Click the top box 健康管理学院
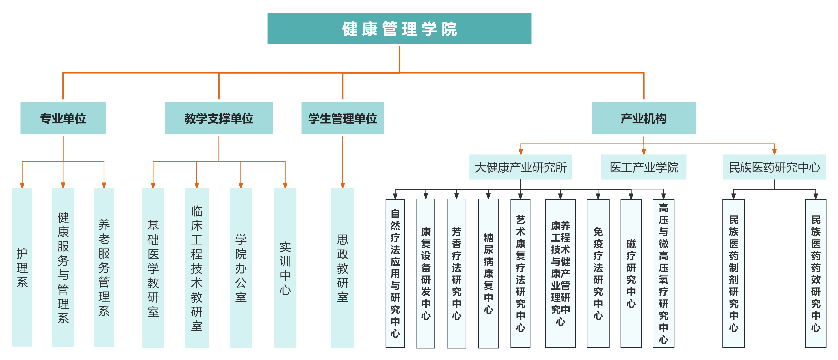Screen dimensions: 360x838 [399, 29]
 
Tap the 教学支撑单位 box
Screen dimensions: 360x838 [219, 118]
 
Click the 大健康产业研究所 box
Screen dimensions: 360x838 [521, 167]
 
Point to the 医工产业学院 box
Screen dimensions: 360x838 [644, 167]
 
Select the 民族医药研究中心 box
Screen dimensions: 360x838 [774, 167]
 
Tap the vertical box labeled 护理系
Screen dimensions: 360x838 [22, 267]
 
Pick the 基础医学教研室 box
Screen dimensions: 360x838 [153, 268]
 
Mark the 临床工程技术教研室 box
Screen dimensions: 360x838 [197, 268]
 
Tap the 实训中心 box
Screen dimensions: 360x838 [285, 268]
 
